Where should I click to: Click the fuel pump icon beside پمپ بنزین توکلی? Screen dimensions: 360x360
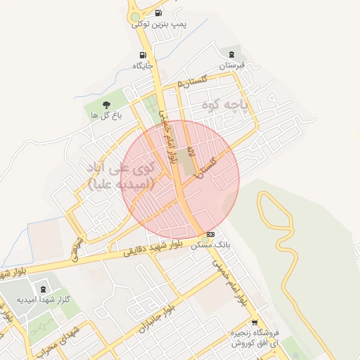[157, 13]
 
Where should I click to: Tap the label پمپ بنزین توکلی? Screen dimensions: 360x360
[160, 25]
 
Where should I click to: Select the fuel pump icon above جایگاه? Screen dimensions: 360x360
[143, 55]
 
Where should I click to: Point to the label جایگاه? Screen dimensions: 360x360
[143, 66]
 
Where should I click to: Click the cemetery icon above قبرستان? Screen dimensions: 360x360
[231, 54]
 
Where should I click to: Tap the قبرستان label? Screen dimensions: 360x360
[231, 65]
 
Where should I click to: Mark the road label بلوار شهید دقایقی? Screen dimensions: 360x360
[150, 248]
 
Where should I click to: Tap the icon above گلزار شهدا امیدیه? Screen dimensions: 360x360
[43, 288]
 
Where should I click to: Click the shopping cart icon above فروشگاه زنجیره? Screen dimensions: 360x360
[255, 321]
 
